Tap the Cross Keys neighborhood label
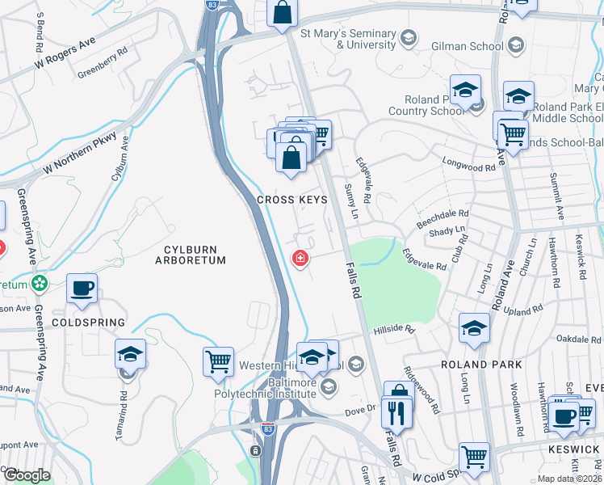point(292,200)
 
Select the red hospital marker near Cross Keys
point(300,259)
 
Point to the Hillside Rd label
point(393,330)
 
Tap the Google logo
point(27,475)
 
